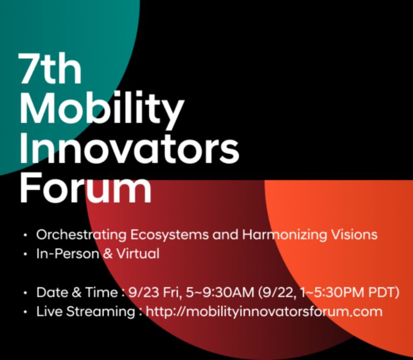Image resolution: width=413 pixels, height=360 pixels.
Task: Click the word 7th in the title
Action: (50, 68)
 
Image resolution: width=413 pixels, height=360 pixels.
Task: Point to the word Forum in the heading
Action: (86, 186)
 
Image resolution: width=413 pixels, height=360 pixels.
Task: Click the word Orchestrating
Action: (81, 234)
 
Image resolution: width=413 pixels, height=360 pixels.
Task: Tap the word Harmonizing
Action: (284, 234)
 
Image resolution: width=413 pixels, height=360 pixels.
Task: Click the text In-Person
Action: (68, 253)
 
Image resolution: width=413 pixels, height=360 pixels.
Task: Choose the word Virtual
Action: (138, 253)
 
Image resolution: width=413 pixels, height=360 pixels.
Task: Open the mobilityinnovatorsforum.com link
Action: (264, 311)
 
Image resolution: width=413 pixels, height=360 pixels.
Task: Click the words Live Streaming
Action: (86, 312)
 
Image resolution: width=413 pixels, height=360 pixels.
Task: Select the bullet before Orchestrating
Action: (25, 235)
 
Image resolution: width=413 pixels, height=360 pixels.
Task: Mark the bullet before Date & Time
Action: (25, 293)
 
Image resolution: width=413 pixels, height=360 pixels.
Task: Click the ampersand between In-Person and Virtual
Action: (108, 254)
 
